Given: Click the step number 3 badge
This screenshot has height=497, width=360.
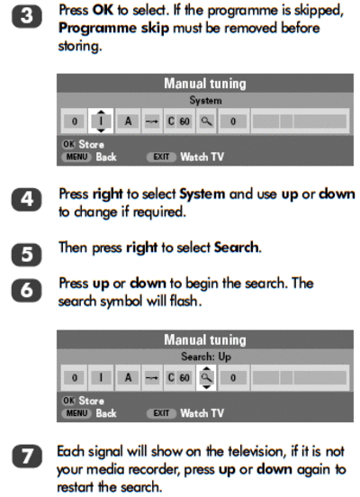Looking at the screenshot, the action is [x=27, y=16].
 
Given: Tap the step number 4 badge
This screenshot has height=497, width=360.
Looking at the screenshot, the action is [x=27, y=199].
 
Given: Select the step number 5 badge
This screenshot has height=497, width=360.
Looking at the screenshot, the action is [x=27, y=255].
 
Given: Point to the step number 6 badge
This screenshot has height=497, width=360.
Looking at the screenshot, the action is [x=27, y=290].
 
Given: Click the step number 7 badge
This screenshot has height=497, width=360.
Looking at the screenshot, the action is [x=27, y=456].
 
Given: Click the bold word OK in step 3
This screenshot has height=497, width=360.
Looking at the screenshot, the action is [x=103, y=10].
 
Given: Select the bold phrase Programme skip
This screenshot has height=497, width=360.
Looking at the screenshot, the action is [x=113, y=29].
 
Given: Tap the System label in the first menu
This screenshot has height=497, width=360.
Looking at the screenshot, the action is [x=205, y=101].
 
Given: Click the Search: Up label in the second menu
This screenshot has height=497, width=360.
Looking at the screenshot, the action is [x=206, y=357].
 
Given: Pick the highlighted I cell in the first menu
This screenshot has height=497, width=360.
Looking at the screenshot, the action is [x=101, y=121].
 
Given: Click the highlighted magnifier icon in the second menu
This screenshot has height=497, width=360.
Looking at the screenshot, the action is [x=206, y=377].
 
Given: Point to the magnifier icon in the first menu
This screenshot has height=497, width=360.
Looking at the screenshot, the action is [x=206, y=121].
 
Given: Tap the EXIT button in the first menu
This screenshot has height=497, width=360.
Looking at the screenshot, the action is [x=161, y=157].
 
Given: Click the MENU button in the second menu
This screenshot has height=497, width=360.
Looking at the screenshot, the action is [x=76, y=413].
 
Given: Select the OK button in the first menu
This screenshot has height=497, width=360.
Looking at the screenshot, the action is [x=68, y=144].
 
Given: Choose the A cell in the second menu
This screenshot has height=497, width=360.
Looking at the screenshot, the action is [x=128, y=377].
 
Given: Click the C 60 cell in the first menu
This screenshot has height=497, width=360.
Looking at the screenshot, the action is [x=178, y=121].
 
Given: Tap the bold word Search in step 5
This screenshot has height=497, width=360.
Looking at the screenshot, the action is [x=237, y=248].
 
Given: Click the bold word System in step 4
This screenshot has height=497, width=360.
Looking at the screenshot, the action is [x=202, y=194].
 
